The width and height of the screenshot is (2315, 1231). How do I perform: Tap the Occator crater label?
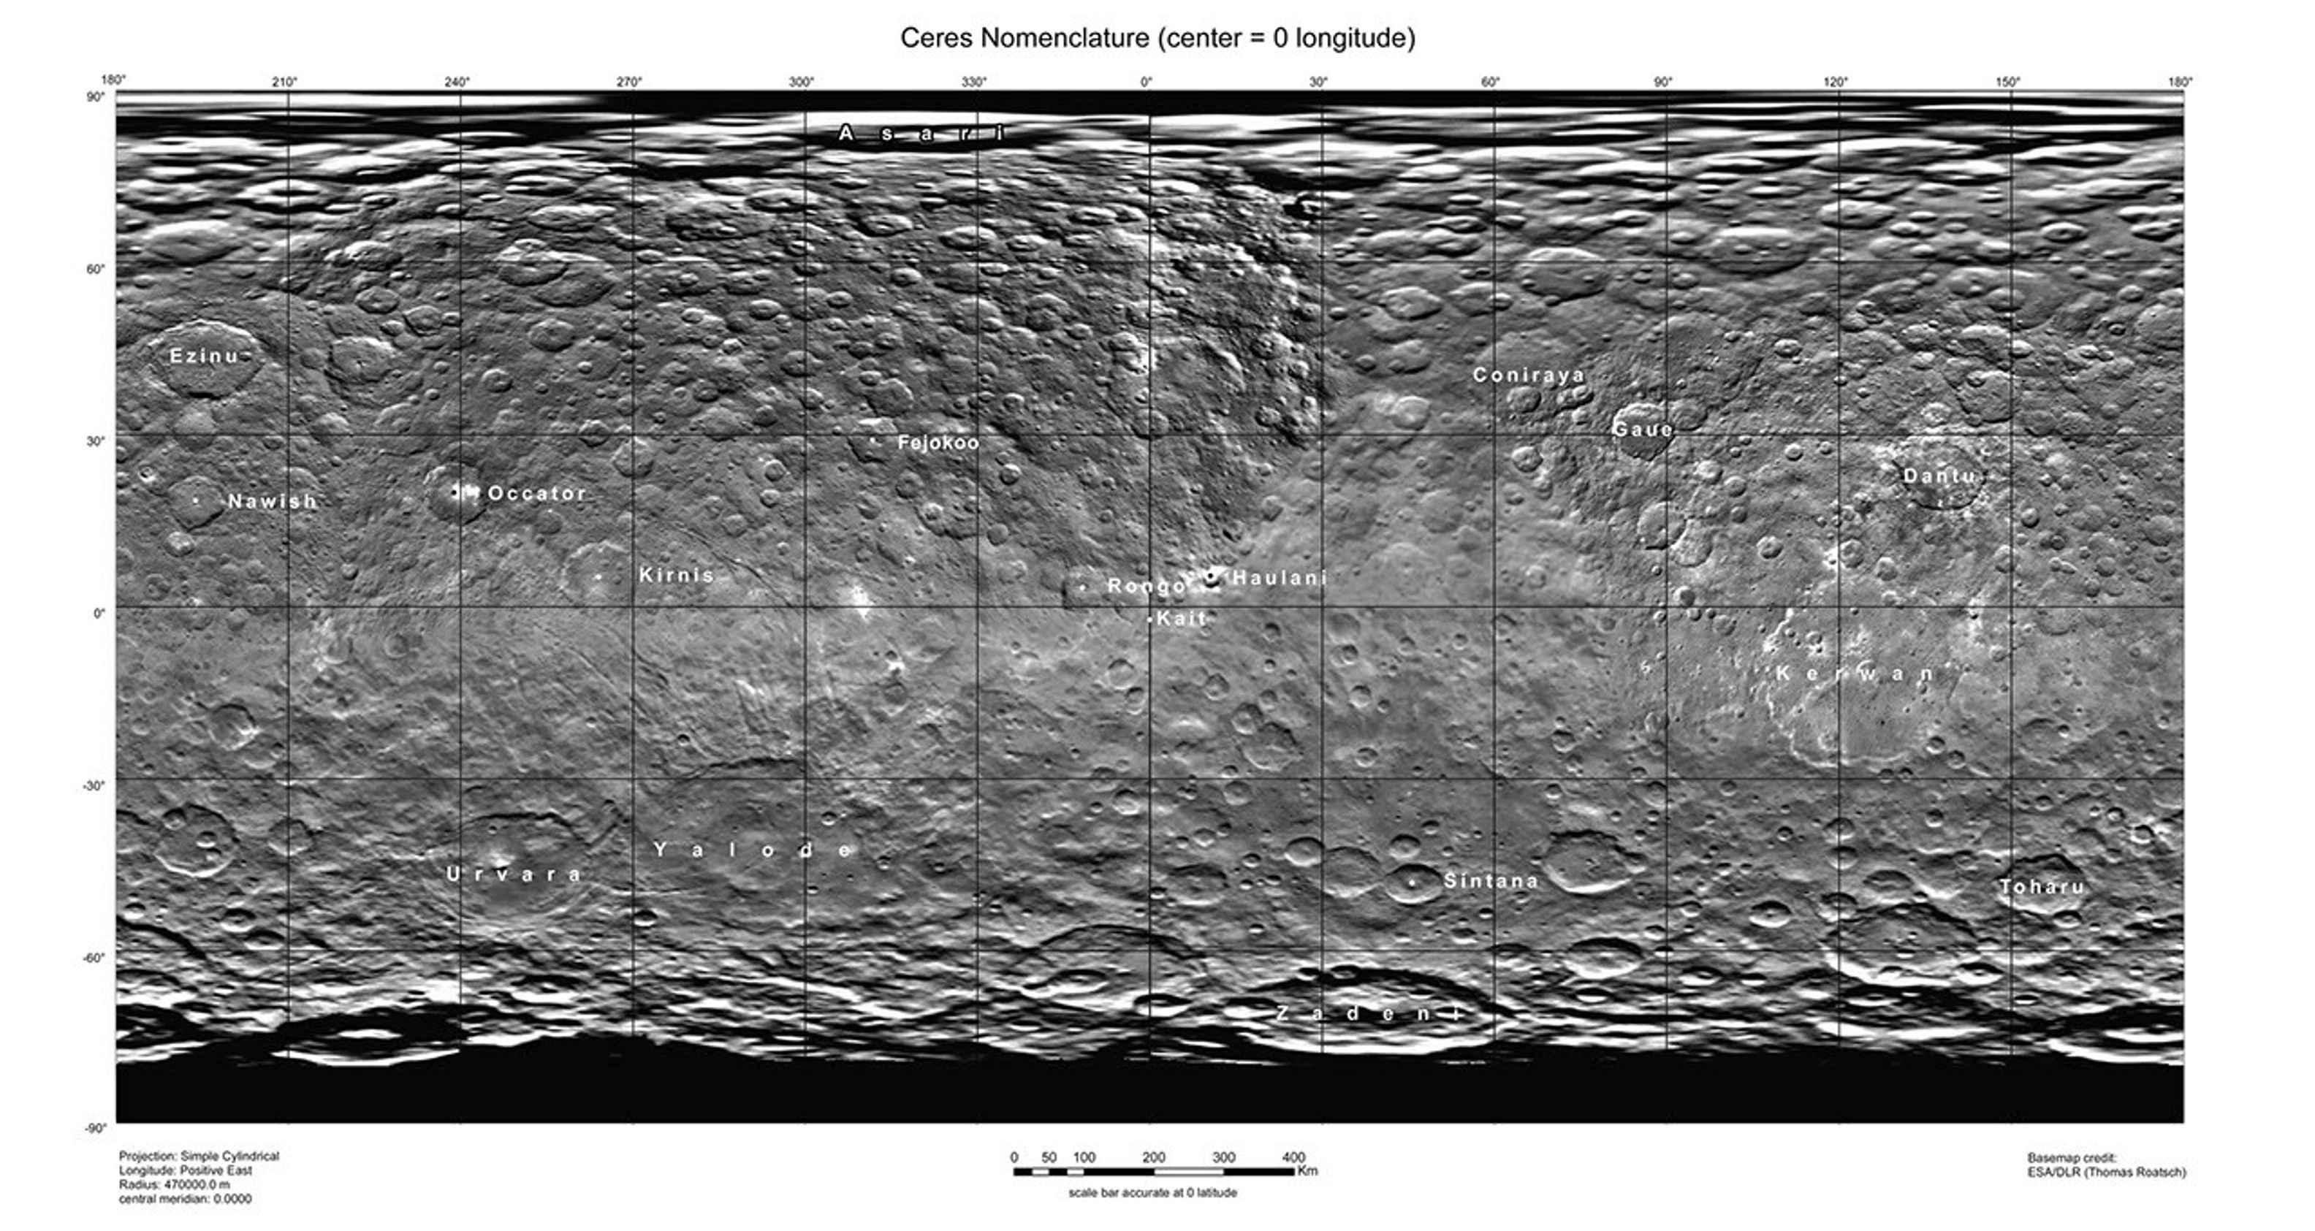click(536, 493)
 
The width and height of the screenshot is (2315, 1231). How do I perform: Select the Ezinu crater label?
click(205, 356)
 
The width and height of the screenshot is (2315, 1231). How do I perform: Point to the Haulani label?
click(1280, 578)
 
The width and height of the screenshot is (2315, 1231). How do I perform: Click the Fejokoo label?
click(938, 442)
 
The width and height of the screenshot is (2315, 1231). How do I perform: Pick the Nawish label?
click(273, 501)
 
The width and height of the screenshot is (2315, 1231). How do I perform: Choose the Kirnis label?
click(677, 575)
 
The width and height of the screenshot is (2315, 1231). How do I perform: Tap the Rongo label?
click(1147, 587)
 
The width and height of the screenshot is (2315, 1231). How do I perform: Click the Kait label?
click(1181, 618)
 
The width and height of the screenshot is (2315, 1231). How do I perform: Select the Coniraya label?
click(1529, 375)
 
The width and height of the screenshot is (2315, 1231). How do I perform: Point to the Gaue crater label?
click(1643, 430)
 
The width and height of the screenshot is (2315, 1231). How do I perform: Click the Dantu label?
click(1939, 476)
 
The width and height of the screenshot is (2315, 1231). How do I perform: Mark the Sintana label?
click(1491, 880)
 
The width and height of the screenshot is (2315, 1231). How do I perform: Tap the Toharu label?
click(2042, 887)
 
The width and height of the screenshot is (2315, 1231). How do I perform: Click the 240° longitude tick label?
click(457, 83)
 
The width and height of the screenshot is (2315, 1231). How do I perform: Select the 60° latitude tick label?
click(95, 269)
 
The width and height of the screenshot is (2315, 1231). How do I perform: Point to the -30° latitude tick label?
click(94, 785)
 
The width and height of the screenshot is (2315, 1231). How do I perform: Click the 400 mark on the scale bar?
click(1293, 1157)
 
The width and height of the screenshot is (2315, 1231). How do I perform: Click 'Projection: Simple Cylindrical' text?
click(199, 1156)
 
